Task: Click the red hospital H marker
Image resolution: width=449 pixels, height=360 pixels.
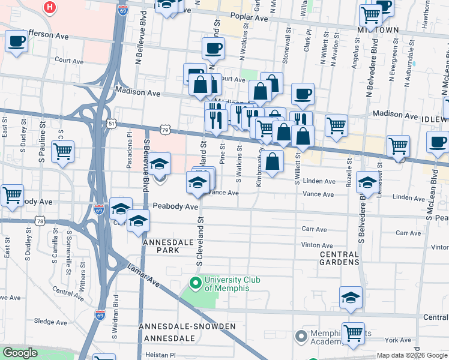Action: tap(50, 7)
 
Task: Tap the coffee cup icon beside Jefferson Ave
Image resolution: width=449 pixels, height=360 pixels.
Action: tap(16, 41)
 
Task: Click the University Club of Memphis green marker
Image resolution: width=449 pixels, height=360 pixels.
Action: tap(194, 282)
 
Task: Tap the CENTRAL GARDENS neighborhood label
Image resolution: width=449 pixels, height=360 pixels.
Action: tap(339, 258)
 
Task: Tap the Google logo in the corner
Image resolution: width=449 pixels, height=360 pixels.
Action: tap(20, 353)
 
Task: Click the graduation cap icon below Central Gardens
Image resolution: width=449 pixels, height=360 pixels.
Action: tap(351, 297)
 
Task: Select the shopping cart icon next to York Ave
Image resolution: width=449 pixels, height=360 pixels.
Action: tap(353, 332)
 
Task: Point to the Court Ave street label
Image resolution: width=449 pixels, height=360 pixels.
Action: tap(69, 61)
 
